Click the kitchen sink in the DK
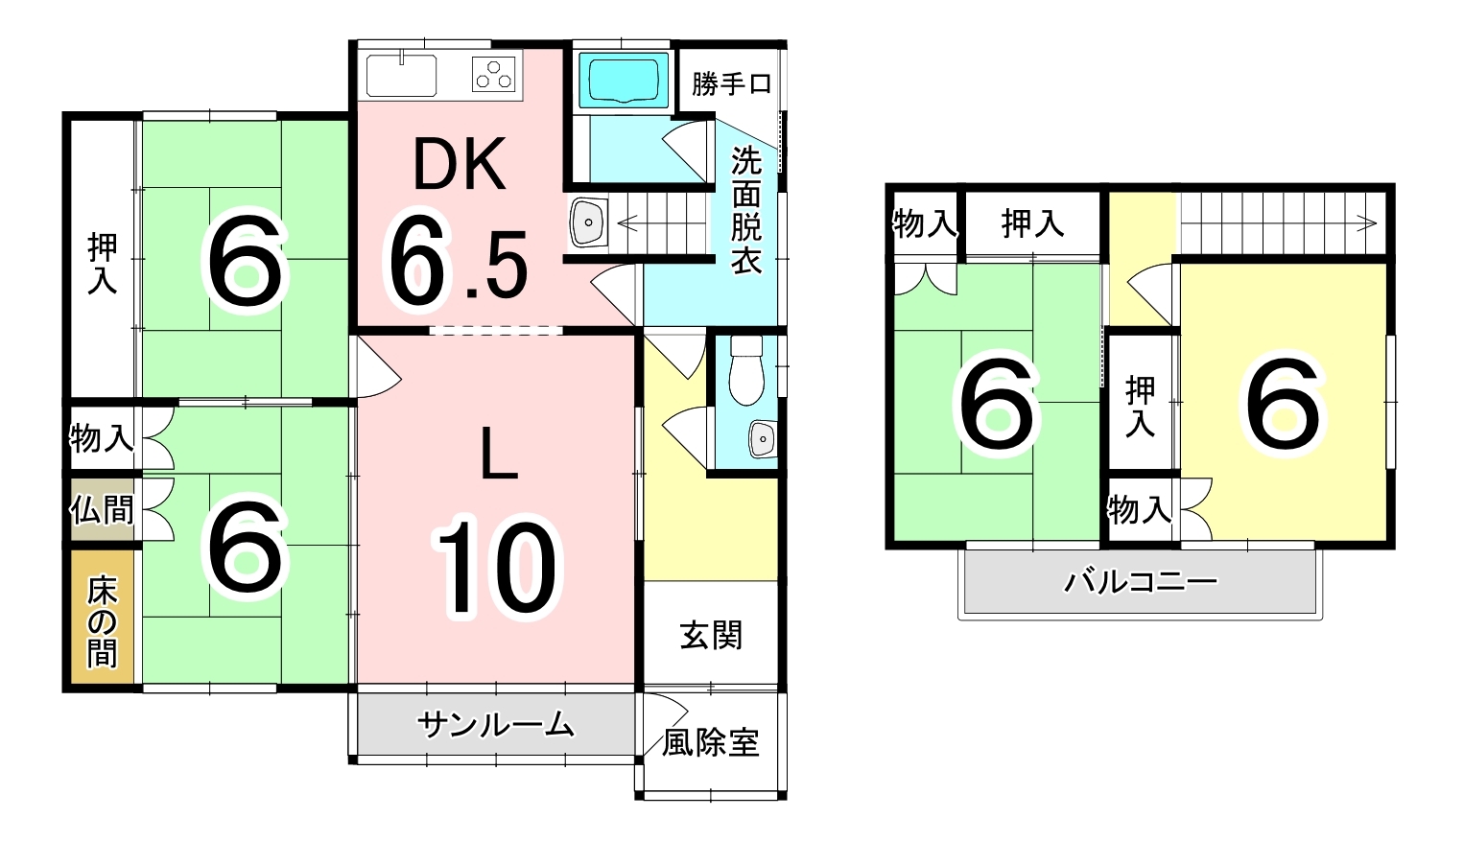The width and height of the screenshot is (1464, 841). [x=401, y=75]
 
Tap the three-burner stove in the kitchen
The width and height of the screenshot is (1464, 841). [x=494, y=75]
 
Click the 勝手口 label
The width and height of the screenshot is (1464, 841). [x=731, y=84]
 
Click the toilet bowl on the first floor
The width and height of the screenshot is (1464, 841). [x=745, y=370]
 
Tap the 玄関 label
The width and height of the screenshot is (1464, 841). [x=711, y=635]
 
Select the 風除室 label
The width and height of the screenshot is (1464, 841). [x=711, y=742]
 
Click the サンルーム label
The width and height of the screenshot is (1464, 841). [x=496, y=725]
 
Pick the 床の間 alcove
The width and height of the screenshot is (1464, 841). [x=102, y=619]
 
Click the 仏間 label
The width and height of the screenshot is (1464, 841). [x=102, y=509]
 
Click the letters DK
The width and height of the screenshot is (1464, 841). [x=459, y=166]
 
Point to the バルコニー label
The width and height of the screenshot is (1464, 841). [x=1141, y=581]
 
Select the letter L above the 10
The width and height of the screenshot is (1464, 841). [x=498, y=455]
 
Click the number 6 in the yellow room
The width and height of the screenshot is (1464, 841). [x=1283, y=404]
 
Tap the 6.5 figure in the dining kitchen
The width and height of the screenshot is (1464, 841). [x=457, y=263]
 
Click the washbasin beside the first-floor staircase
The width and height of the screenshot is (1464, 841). [x=588, y=222]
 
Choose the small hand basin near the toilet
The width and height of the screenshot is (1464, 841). [x=762, y=438]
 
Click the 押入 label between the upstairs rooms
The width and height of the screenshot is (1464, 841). [x=1140, y=406]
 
